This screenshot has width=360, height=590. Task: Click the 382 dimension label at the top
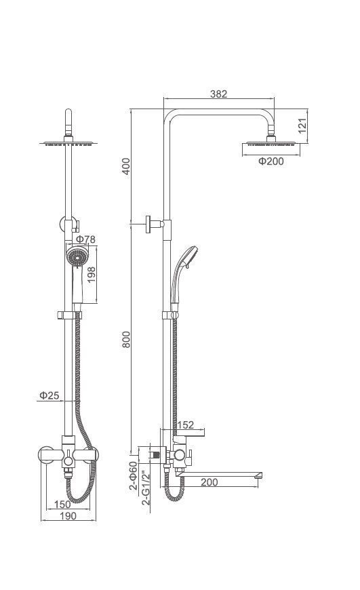[218, 94]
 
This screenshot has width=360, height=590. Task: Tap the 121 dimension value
[302, 125]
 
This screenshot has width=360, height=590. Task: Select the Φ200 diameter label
[271, 161]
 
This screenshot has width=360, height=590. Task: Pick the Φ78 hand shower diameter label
[86, 239]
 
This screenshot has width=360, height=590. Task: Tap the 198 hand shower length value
[92, 275]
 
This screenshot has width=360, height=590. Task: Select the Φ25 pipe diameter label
[49, 395]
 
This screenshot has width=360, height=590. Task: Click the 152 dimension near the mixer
[186, 425]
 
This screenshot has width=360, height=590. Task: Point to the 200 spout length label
[209, 482]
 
